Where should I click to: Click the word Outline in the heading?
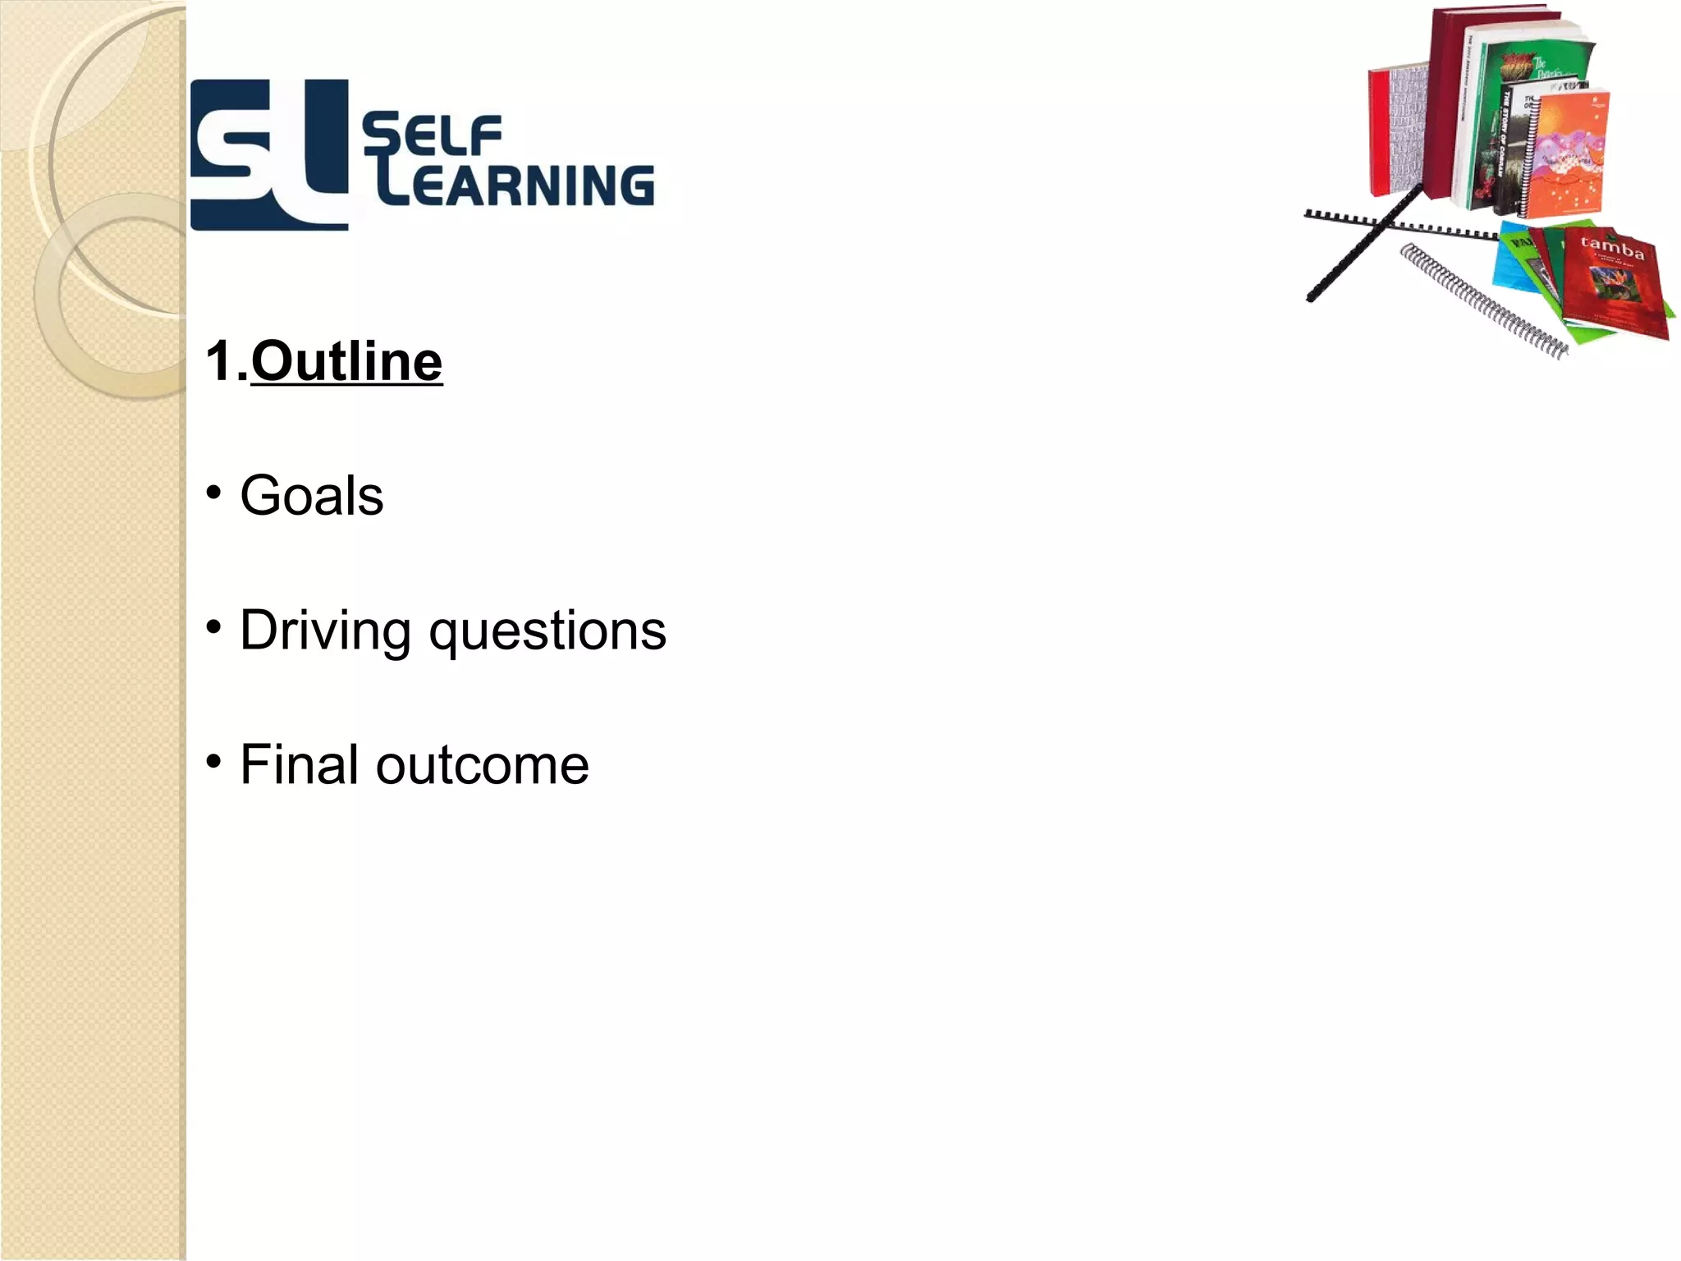346,361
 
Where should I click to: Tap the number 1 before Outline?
219,361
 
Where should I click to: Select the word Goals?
312,496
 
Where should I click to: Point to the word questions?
547,632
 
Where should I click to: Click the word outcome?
483,765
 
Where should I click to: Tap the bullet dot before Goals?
214,493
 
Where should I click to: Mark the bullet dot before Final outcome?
214,762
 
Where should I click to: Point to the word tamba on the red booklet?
1613,246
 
